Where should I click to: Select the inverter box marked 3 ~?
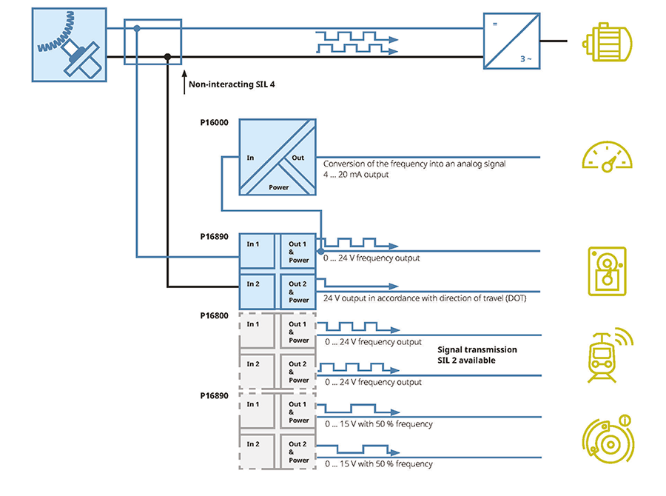point(512,41)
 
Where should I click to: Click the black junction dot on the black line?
point(168,57)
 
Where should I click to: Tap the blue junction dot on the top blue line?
point(137,29)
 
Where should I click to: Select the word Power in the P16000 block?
point(278,187)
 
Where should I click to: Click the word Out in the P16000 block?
point(297,158)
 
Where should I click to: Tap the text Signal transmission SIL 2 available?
point(477,355)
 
